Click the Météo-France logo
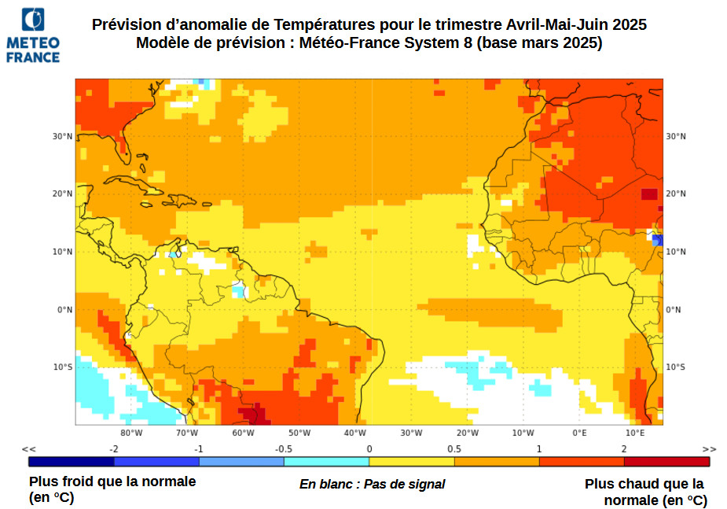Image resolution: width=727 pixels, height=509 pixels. point(33,35)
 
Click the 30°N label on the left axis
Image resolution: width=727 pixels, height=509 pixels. point(63,136)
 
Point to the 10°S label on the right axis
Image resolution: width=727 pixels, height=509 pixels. point(675,367)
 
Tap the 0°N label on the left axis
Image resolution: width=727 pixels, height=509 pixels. point(64,309)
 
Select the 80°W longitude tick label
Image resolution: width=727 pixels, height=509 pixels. point(131,433)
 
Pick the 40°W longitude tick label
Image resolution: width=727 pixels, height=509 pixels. point(355,433)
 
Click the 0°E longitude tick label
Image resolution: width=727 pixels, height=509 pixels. point(579,433)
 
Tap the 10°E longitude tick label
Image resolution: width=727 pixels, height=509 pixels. point(635,433)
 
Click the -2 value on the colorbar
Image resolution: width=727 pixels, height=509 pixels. point(114,448)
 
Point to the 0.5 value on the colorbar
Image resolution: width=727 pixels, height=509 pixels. point(454,448)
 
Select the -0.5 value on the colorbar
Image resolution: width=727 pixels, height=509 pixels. point(284,448)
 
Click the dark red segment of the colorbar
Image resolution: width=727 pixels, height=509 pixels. point(666,462)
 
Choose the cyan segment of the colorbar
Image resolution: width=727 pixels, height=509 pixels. point(326,462)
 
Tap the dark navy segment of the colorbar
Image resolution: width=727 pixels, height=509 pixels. point(71,462)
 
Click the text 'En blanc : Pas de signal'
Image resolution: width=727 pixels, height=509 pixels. point(372,485)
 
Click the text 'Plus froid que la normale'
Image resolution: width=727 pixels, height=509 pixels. point(112,481)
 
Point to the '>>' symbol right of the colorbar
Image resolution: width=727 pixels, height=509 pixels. point(709,448)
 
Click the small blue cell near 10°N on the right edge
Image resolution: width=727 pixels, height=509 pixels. point(658,240)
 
